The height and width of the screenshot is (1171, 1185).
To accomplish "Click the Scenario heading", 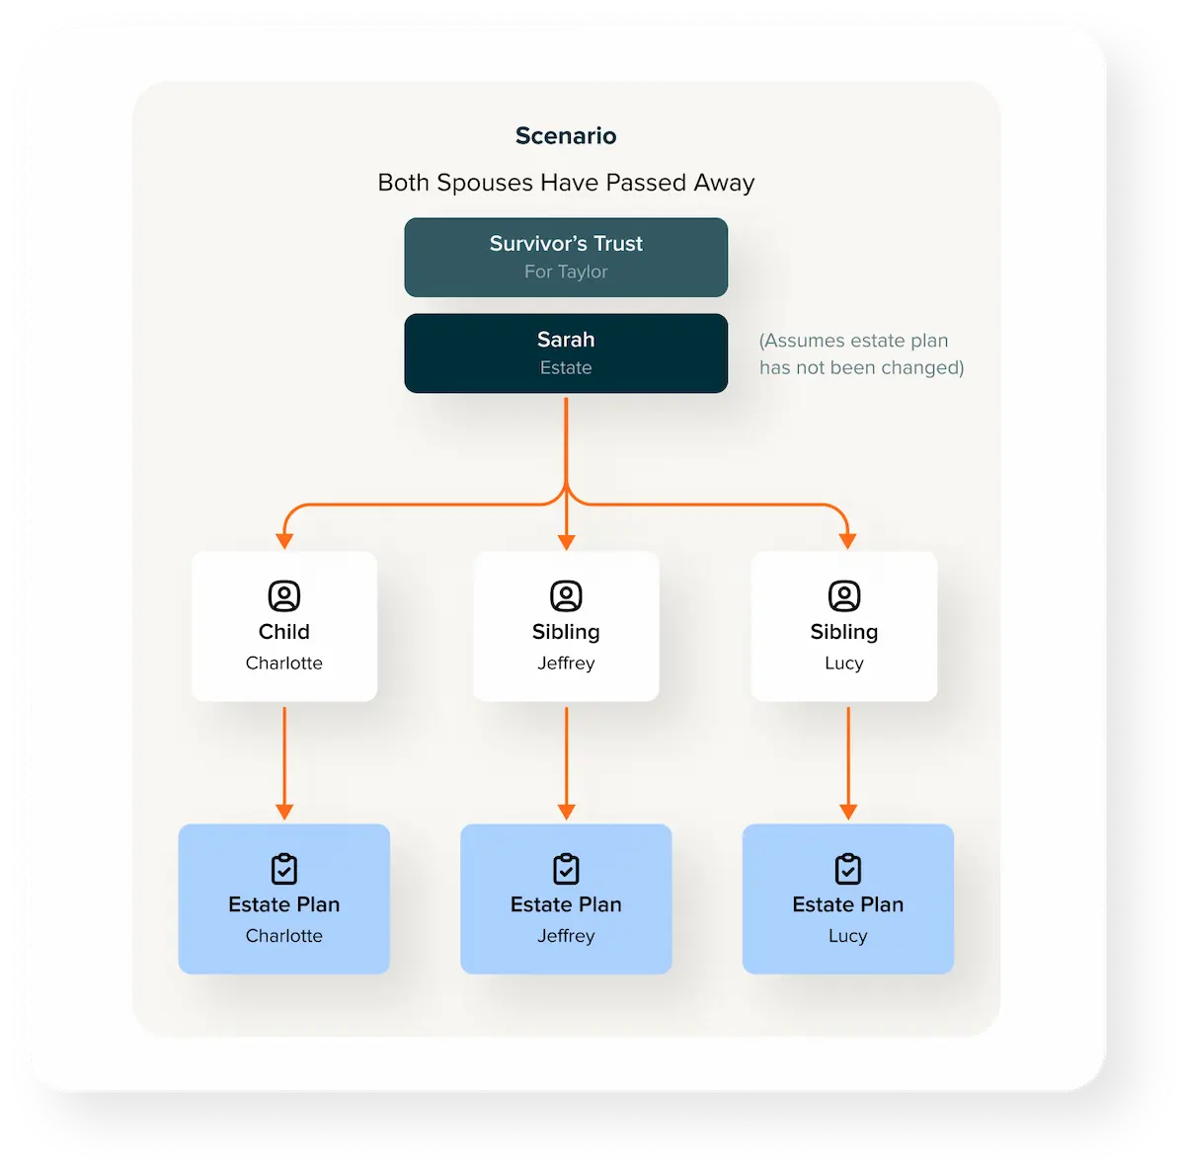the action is (566, 135).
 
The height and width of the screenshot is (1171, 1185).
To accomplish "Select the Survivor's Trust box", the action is (566, 257).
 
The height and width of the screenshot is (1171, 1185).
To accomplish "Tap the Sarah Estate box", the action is (566, 353).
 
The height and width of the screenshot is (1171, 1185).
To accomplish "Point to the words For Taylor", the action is (566, 272).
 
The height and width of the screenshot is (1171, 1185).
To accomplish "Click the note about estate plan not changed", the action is (861, 353).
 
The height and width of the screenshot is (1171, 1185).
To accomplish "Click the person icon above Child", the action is (284, 595).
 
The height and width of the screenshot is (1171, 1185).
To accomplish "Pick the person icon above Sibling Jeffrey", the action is (566, 595).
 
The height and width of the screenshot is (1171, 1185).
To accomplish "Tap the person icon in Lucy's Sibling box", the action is (844, 595).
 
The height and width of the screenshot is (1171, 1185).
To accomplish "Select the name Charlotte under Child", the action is (284, 663).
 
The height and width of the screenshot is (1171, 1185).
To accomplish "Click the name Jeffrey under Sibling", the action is (566, 663).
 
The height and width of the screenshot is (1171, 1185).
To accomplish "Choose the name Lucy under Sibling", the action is (844, 663).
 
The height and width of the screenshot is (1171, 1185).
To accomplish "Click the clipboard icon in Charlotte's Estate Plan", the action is (284, 869).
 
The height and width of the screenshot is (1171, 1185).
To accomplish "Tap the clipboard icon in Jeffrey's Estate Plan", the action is (566, 869).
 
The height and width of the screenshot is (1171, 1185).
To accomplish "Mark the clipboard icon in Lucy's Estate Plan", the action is (848, 869).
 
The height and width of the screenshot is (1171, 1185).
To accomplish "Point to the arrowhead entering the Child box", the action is (284, 541).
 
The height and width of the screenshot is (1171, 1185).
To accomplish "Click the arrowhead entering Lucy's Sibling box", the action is (848, 541).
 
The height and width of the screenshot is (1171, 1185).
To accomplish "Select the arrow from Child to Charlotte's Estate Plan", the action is (284, 763).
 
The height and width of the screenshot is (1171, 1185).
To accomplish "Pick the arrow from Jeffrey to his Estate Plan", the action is (566, 763).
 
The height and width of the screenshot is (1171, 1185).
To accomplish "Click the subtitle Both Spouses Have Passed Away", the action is (566, 183).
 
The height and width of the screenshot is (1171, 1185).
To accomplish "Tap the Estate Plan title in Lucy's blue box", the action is (848, 904).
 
